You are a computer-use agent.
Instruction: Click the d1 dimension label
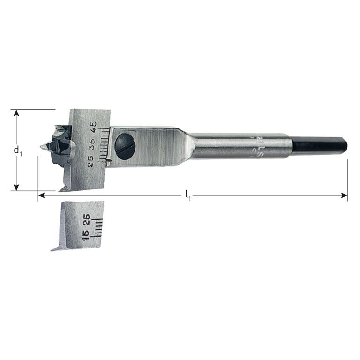click(17, 150)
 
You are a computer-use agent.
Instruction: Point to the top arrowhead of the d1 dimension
click(17, 113)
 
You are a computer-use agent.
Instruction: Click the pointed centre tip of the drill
click(43, 147)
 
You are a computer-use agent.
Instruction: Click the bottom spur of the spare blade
click(55, 248)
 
